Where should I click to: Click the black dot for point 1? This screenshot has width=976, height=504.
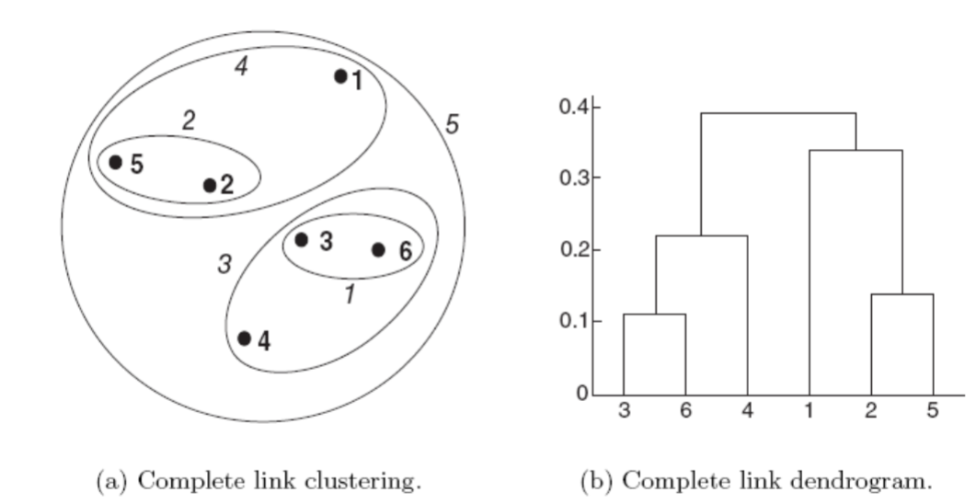coord(340,76)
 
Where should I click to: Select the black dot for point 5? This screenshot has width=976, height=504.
coord(115,162)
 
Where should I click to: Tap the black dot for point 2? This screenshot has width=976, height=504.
coord(210,185)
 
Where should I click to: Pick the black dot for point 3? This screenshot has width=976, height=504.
coord(301,239)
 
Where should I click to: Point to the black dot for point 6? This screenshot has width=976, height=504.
coord(378,249)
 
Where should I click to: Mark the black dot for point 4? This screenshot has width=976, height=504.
coord(244,338)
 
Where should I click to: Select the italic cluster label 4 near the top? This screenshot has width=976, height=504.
coord(240,68)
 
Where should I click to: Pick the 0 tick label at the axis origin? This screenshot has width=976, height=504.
coord(581,394)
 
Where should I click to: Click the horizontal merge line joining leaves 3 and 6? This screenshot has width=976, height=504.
coord(654,315)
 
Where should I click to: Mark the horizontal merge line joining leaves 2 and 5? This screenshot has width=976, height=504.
coord(901,294)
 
